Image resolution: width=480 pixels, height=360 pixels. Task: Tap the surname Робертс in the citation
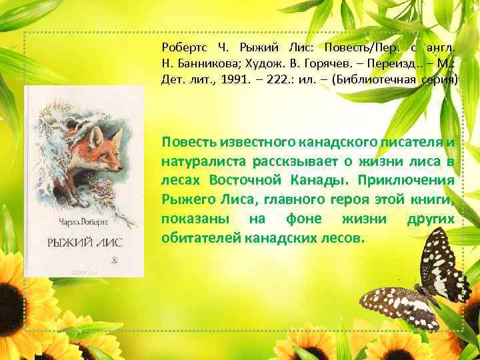(185, 47)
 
